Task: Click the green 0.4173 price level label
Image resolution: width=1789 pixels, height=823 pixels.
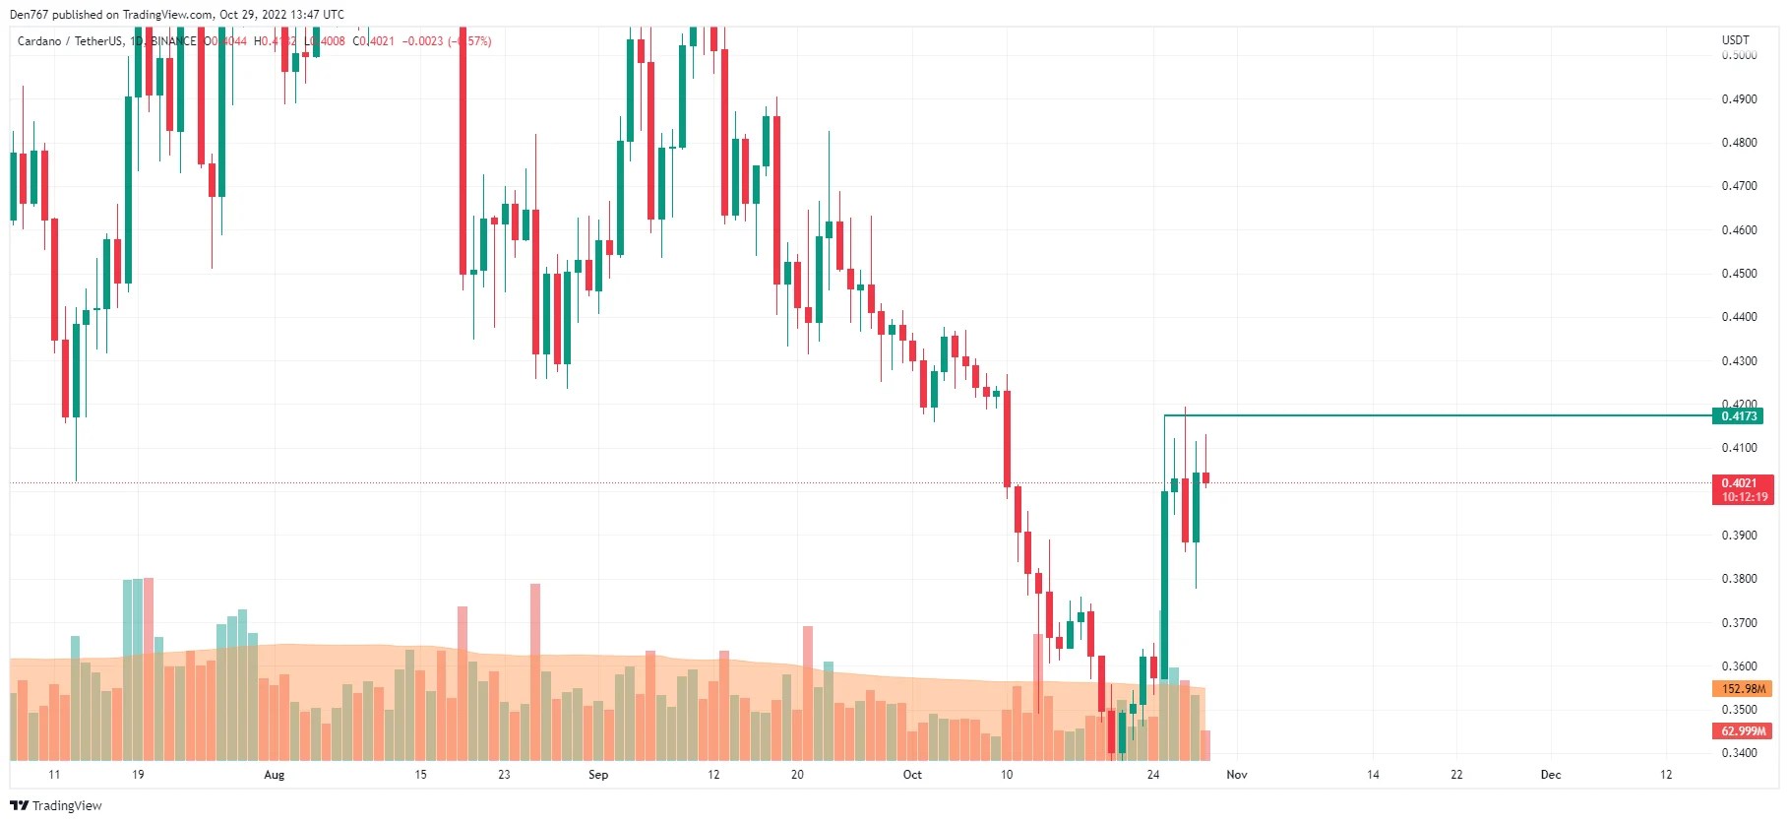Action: (1739, 416)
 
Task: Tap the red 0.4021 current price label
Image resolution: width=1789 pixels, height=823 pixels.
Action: (1739, 482)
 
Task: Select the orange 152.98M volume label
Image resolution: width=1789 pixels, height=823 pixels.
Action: (1743, 689)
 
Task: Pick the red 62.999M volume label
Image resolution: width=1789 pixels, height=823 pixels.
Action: (1743, 731)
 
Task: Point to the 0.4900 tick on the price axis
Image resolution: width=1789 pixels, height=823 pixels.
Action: (1739, 99)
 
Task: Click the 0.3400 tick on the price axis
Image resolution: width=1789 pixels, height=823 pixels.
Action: (1739, 753)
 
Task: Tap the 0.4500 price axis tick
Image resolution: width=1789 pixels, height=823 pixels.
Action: (1739, 274)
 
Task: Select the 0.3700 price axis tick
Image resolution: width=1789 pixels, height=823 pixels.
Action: (1739, 623)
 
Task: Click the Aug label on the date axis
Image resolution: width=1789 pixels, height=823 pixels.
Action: (275, 775)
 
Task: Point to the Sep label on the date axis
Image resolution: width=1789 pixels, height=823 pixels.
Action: (598, 775)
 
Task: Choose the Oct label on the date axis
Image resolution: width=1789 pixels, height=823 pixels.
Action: (912, 775)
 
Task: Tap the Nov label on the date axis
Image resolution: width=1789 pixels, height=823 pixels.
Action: (1237, 775)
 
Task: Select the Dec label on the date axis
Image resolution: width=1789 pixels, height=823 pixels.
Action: (1551, 775)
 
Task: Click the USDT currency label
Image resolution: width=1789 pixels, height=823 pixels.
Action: (1736, 40)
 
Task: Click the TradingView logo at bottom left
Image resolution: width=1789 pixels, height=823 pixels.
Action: (56, 805)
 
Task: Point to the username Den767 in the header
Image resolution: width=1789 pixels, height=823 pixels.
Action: (29, 15)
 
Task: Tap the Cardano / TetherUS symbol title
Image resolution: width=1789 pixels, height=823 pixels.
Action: (70, 41)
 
